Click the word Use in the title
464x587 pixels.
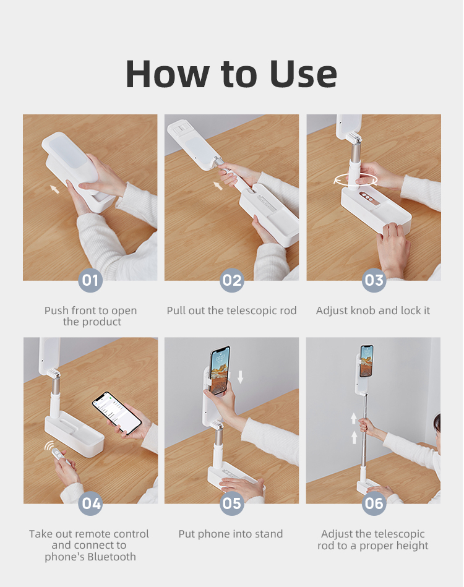point(303,74)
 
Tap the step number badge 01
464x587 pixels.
point(90,280)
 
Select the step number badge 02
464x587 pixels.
point(232,280)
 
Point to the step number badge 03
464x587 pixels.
point(374,280)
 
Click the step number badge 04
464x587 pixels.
point(90,503)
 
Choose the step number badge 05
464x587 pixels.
point(232,503)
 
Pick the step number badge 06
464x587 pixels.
point(374,503)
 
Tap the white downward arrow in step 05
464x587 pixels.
point(241,377)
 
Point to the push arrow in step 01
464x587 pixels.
point(54,189)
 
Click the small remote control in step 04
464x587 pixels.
point(58,454)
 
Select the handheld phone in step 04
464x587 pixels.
point(117,413)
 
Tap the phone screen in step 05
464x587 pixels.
point(220,370)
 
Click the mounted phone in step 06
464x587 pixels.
point(367,361)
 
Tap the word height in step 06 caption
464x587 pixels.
point(412,546)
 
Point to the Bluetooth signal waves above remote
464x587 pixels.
point(49,445)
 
